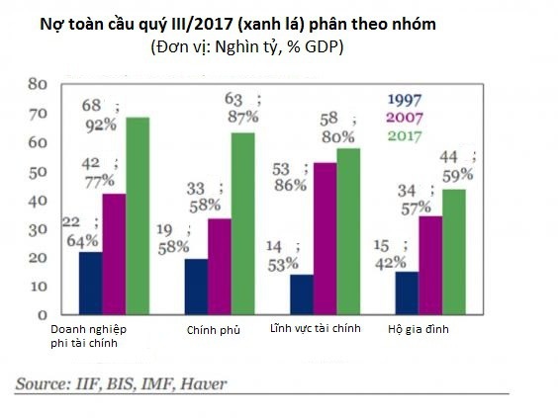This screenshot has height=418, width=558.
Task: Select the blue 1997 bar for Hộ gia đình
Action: (407, 293)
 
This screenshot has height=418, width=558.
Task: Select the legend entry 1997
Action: (403, 99)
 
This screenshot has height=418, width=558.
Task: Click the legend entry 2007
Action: (403, 117)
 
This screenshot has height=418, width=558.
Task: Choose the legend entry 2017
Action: (403, 134)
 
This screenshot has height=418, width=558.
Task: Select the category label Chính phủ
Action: (214, 328)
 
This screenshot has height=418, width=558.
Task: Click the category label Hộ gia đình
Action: (418, 328)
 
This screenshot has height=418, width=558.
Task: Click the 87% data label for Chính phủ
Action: (241, 118)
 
